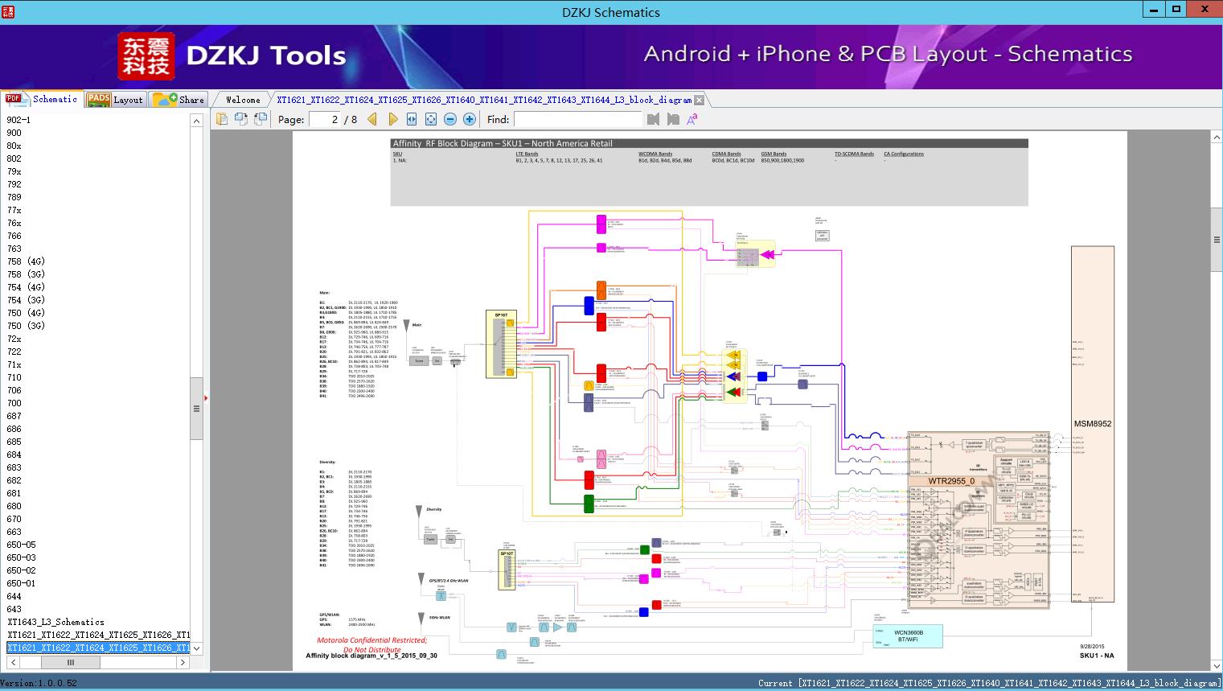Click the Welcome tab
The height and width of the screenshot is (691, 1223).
coord(243,100)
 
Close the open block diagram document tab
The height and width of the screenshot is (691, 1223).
coord(699,101)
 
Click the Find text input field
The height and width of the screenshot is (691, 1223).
coord(578,119)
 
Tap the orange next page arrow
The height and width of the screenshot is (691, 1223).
coord(392,119)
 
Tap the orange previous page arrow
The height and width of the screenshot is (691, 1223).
coord(372,119)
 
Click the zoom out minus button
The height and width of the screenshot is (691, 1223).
coord(450,119)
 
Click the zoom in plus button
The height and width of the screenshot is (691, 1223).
coord(470,119)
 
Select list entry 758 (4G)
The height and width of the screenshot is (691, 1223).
coord(26,261)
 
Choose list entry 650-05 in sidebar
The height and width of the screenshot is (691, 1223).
coord(22,545)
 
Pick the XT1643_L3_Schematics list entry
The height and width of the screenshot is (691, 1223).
coord(56,622)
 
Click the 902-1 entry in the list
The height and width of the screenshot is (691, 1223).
coord(18,120)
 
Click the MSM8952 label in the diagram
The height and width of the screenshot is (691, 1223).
coord(1093,424)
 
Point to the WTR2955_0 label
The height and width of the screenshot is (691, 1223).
coord(951,481)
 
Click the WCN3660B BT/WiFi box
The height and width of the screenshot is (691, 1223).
coord(909,635)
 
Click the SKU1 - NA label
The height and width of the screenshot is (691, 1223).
coord(1096,656)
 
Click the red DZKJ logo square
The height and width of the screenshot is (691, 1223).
coord(146,56)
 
